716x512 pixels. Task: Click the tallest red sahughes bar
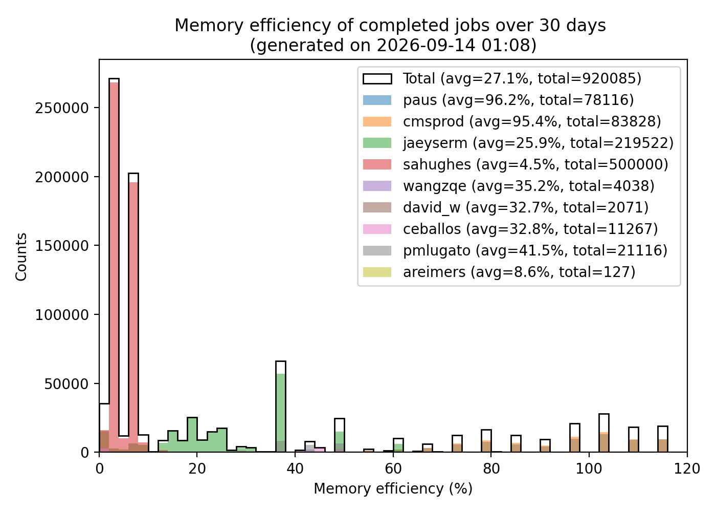pos(114,267)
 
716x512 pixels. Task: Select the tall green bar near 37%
pos(281,413)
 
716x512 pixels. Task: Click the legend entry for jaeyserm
pos(518,143)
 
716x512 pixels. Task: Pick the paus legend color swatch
pos(377,100)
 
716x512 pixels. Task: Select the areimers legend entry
pos(499,272)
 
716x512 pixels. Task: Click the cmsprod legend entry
pos(512,122)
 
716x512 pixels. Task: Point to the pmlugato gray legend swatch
pos(377,250)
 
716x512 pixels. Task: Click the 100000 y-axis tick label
pos(62,315)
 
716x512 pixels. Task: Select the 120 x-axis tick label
pos(687,469)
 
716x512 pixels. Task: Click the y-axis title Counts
pos(21,257)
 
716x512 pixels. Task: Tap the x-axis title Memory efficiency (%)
pos(393,488)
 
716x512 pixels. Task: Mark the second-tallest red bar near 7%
pos(133,317)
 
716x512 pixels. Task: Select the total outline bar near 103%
pos(604,433)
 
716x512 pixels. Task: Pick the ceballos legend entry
pos(510,229)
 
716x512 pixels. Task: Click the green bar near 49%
pos(340,441)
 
